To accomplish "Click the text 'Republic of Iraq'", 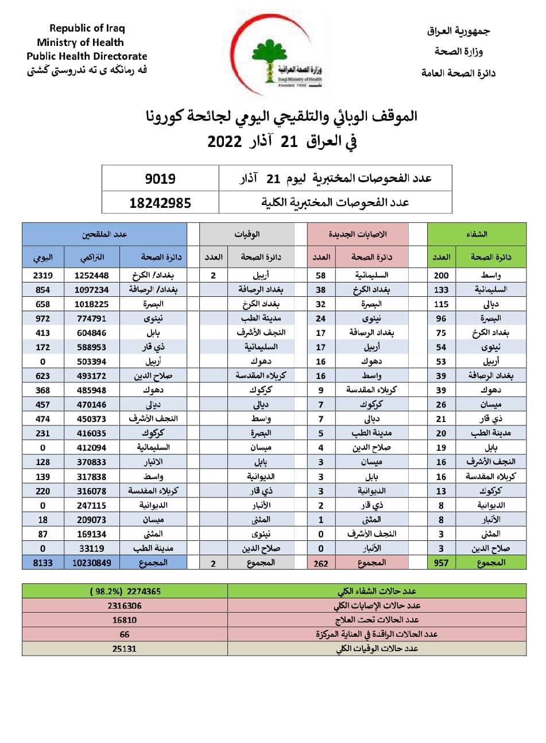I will click(87, 28).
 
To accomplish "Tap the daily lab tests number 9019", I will click(160, 179).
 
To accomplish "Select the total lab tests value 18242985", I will click(160, 202).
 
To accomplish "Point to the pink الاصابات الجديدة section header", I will click(358, 234).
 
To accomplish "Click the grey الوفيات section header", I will click(247, 234).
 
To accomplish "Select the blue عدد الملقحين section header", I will click(104, 234).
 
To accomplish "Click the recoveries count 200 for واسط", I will click(441, 276).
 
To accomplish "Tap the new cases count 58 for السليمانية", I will click(321, 276).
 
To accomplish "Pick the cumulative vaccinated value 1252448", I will click(91, 276).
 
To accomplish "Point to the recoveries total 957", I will click(441, 563).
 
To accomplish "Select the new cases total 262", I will click(321, 563).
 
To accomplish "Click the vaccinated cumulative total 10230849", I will click(91, 563).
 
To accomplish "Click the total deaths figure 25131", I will click(125, 648).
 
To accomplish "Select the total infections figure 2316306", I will click(125, 605).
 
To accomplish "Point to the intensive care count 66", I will click(125, 634).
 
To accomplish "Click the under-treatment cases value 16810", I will click(125, 620).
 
